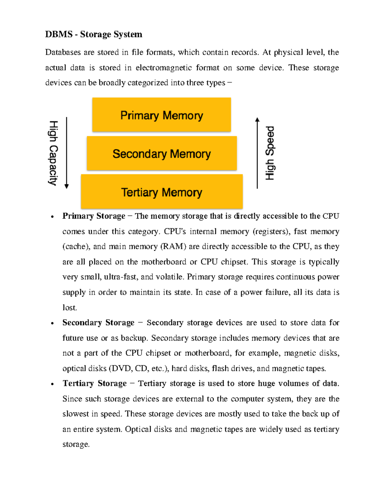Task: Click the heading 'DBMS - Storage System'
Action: [x=93, y=34]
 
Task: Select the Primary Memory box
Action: [x=161, y=115]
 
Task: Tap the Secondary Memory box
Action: [x=161, y=154]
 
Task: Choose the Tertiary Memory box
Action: [x=161, y=192]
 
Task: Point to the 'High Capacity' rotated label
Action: [x=53, y=153]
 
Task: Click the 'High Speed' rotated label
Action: [x=270, y=153]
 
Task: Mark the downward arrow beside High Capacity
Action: [x=67, y=153]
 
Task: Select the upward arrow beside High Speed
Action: [x=257, y=153]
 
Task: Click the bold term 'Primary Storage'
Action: [x=94, y=216]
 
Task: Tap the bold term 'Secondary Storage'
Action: [x=98, y=323]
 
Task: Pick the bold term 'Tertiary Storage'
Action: [x=95, y=383]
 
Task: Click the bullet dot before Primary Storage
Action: [x=52, y=217]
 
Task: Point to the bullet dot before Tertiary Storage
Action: [x=52, y=384]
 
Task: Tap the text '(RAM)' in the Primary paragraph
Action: [x=173, y=246]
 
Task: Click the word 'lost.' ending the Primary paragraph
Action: [x=70, y=307]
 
